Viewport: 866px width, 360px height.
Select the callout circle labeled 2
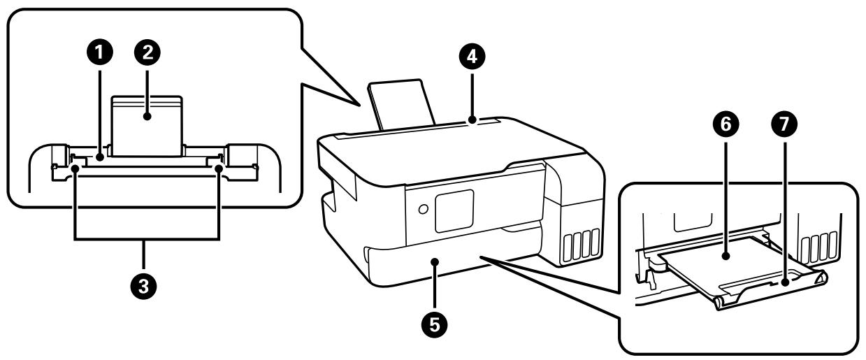[148, 52]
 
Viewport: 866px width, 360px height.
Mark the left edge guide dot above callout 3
[75, 168]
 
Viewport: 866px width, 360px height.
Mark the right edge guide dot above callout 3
[219, 168]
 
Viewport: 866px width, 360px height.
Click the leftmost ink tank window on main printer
[567, 245]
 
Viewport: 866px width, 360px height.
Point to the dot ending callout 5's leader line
[435, 262]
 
